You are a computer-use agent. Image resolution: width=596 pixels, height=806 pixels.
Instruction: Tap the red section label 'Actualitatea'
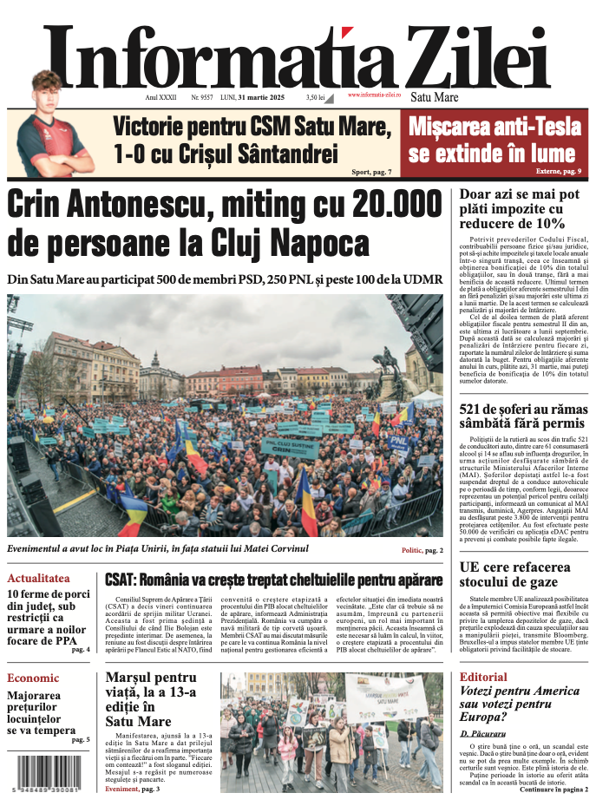pos(38,578)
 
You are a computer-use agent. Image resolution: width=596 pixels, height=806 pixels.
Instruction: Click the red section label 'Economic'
pos(33,678)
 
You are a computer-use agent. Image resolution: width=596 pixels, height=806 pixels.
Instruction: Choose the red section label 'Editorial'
pos(483,677)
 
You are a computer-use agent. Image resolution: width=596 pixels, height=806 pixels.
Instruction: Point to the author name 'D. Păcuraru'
pos(481,734)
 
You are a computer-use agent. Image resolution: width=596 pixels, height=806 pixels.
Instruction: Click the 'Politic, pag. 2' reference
pos(422,550)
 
